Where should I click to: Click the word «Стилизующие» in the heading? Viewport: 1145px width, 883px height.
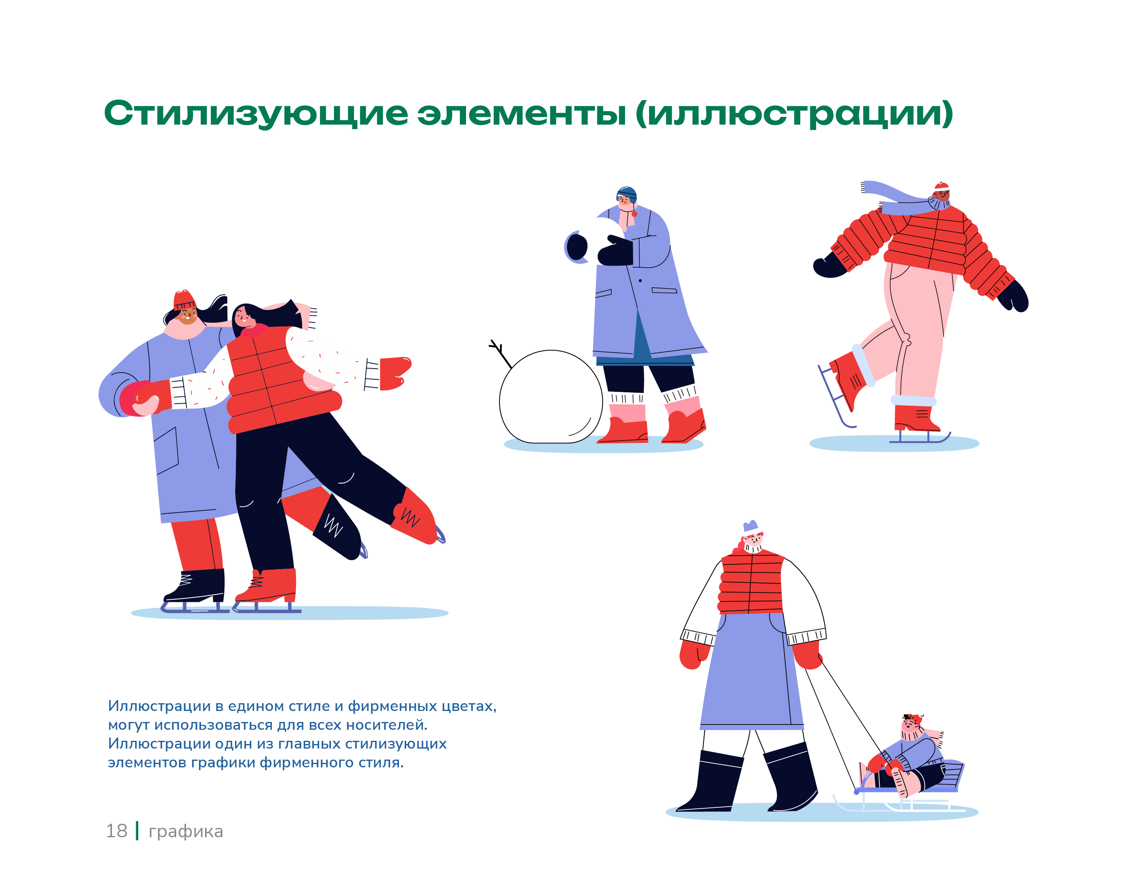coord(256,114)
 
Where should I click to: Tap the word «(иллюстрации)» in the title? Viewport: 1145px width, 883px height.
coord(794,114)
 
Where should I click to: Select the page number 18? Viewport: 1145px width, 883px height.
coord(117,831)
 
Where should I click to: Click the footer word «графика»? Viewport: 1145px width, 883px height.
coord(186,832)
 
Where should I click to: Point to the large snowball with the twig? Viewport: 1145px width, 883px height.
coord(551,397)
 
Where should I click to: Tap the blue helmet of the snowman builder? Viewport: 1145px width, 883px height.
coord(627,194)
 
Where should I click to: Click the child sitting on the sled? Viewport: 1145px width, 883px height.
coord(910,757)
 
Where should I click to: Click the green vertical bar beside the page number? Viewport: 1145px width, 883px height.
coord(137,831)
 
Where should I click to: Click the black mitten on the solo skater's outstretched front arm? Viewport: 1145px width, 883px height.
coord(830,266)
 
